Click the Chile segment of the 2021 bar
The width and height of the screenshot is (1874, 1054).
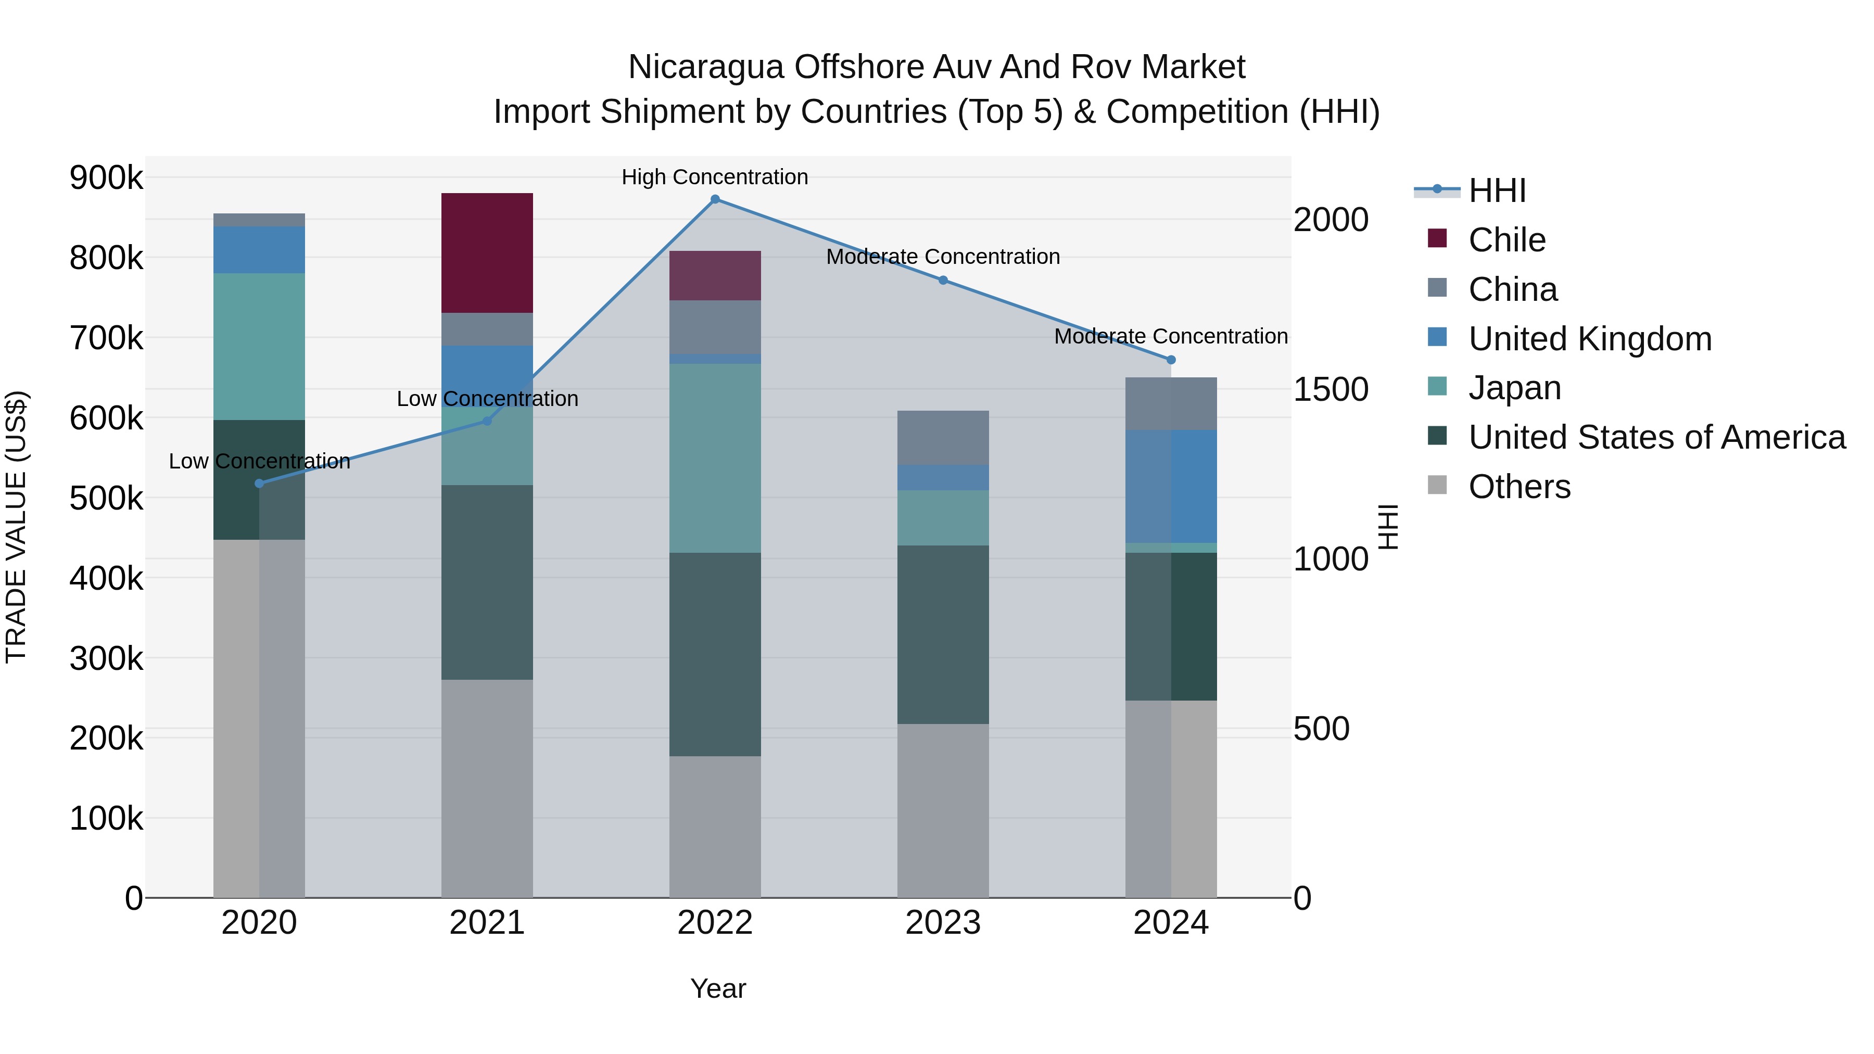[487, 252]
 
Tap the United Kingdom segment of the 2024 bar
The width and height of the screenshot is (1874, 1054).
[1171, 486]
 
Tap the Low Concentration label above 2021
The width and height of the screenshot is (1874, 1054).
[487, 399]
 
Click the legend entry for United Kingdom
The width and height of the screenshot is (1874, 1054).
[1590, 339]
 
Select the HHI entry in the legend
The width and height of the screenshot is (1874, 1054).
[1497, 191]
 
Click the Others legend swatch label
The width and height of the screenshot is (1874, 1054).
[1519, 487]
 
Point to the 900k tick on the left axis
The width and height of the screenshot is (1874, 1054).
[106, 177]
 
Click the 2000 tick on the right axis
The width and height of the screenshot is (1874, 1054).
[1331, 220]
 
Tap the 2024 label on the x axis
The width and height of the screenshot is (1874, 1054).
[1171, 923]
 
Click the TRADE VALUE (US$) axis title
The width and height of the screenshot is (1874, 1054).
[16, 527]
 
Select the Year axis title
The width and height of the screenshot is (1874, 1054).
[717, 988]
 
